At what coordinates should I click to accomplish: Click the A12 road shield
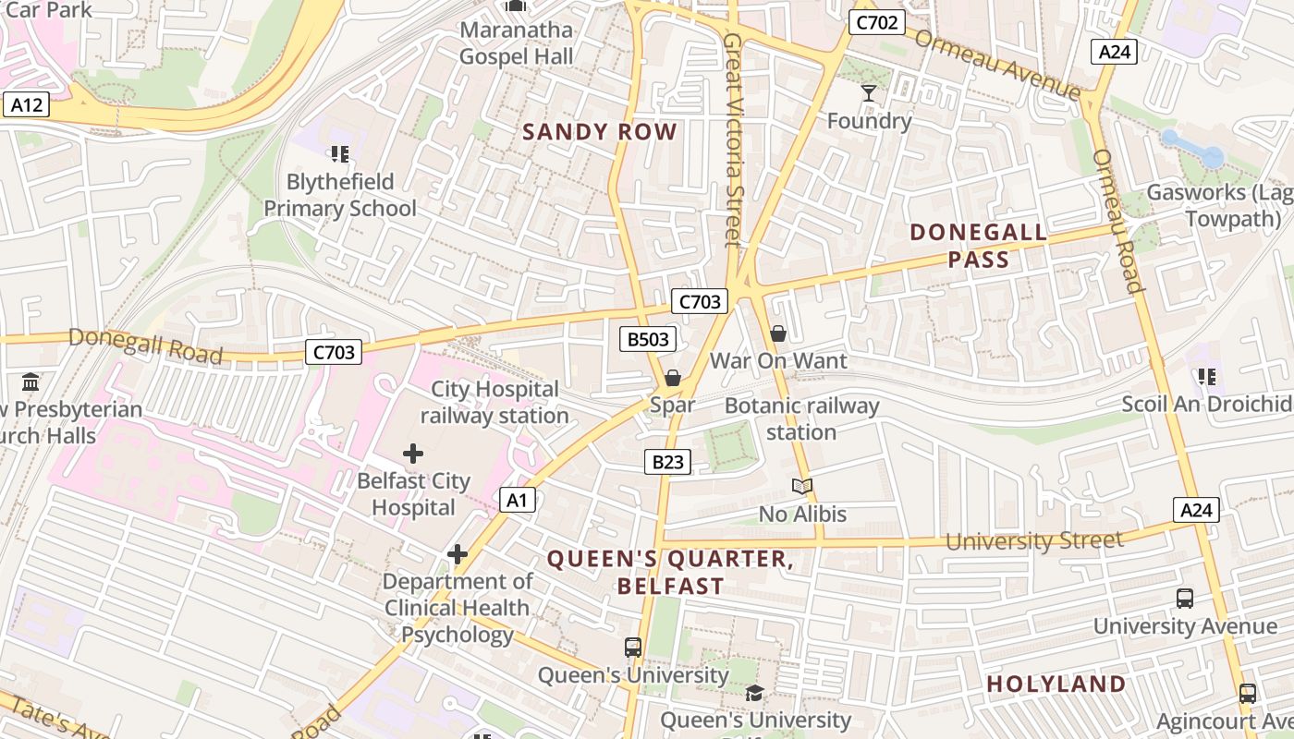click(x=26, y=104)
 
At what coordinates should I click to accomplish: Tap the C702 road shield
click(x=876, y=22)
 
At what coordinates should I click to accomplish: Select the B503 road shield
click(x=648, y=339)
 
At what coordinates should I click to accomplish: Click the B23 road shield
click(x=667, y=461)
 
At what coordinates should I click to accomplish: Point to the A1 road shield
click(x=518, y=500)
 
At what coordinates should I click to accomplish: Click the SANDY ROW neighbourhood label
click(x=600, y=131)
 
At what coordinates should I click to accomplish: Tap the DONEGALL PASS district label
click(x=979, y=246)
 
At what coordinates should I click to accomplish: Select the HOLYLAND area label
click(x=1056, y=684)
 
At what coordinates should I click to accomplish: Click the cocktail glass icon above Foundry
click(x=869, y=92)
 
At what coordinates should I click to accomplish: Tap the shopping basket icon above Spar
click(x=673, y=378)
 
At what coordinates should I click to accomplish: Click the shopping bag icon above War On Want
click(x=778, y=333)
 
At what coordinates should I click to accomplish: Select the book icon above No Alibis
click(x=802, y=486)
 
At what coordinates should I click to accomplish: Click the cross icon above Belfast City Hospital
click(x=413, y=454)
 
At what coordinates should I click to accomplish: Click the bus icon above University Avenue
click(x=1185, y=598)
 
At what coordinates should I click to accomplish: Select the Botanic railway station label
click(x=801, y=418)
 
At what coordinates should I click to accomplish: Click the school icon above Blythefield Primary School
click(x=339, y=153)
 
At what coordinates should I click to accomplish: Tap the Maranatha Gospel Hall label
click(x=517, y=42)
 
